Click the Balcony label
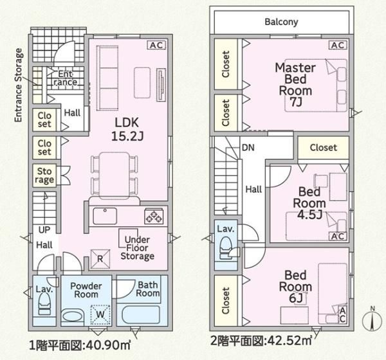coord(281,22)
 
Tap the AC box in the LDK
coord(156,45)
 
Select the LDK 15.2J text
coord(127,129)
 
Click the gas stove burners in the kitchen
coord(154,216)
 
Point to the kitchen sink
coord(105,216)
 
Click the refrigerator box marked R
coord(100,258)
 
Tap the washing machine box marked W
coord(100,314)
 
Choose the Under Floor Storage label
coord(138,248)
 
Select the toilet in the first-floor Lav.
coord(44,304)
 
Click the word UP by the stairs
coord(44,230)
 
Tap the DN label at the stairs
coord(248,148)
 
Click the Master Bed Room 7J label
coord(295,85)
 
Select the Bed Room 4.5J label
coord(309,203)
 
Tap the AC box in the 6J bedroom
coord(342,315)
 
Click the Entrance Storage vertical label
coord(19,85)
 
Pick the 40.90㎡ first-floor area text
coord(107,345)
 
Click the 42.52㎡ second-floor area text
coord(289,341)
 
